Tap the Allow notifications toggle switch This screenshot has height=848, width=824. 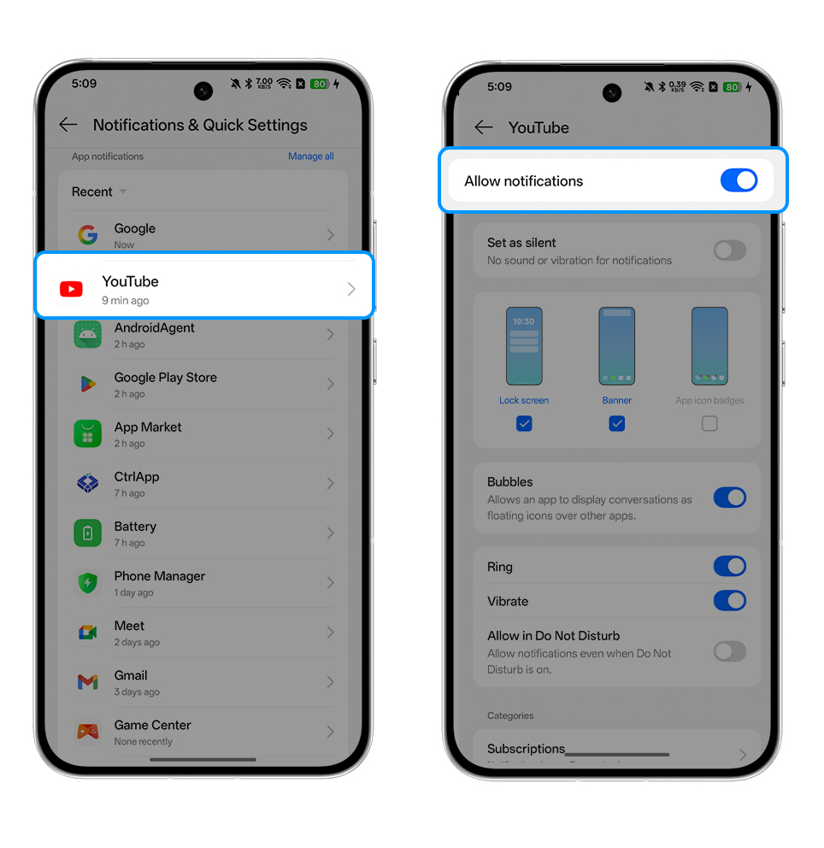pos(739,180)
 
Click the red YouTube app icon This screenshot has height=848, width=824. pos(71,289)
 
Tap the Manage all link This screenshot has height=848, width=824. pos(311,156)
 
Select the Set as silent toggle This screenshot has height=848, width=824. pos(729,250)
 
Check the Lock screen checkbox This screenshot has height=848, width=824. pos(524,423)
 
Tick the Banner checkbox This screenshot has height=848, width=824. pos(617,423)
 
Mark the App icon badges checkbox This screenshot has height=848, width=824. pos(709,423)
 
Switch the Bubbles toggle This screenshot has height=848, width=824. pos(729,498)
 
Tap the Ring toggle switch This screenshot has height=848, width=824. pos(729,566)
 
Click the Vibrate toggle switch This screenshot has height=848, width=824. pos(729,600)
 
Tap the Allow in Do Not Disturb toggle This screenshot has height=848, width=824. pos(729,651)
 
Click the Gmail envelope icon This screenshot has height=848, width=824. pos(87,682)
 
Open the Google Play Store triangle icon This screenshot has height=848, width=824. pos(87,384)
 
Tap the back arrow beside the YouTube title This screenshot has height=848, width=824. pos(484,127)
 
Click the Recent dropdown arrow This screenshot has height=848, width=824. pos(123,191)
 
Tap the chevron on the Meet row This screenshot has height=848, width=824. pos(330,633)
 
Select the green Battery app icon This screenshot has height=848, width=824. pos(87,533)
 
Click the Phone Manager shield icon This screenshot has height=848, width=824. pos(87,583)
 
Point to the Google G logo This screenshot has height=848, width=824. pos(87,235)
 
